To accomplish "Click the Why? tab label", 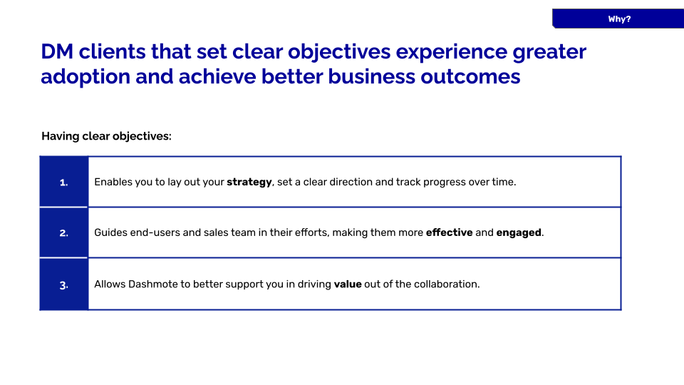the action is tap(619, 19).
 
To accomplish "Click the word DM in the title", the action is tap(57, 51).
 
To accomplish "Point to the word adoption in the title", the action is tap(85, 77).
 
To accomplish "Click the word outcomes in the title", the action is tap(470, 77).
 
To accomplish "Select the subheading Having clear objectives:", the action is tap(106, 136).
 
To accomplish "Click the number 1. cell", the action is tap(63, 182).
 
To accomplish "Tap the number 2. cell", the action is tap(63, 232).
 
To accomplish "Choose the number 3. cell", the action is tap(63, 284).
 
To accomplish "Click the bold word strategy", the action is tap(249, 183).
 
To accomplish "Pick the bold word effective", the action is tap(449, 232).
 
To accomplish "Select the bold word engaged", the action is tap(519, 233).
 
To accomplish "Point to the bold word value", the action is tap(348, 284).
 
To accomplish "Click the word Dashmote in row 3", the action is tap(153, 284).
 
